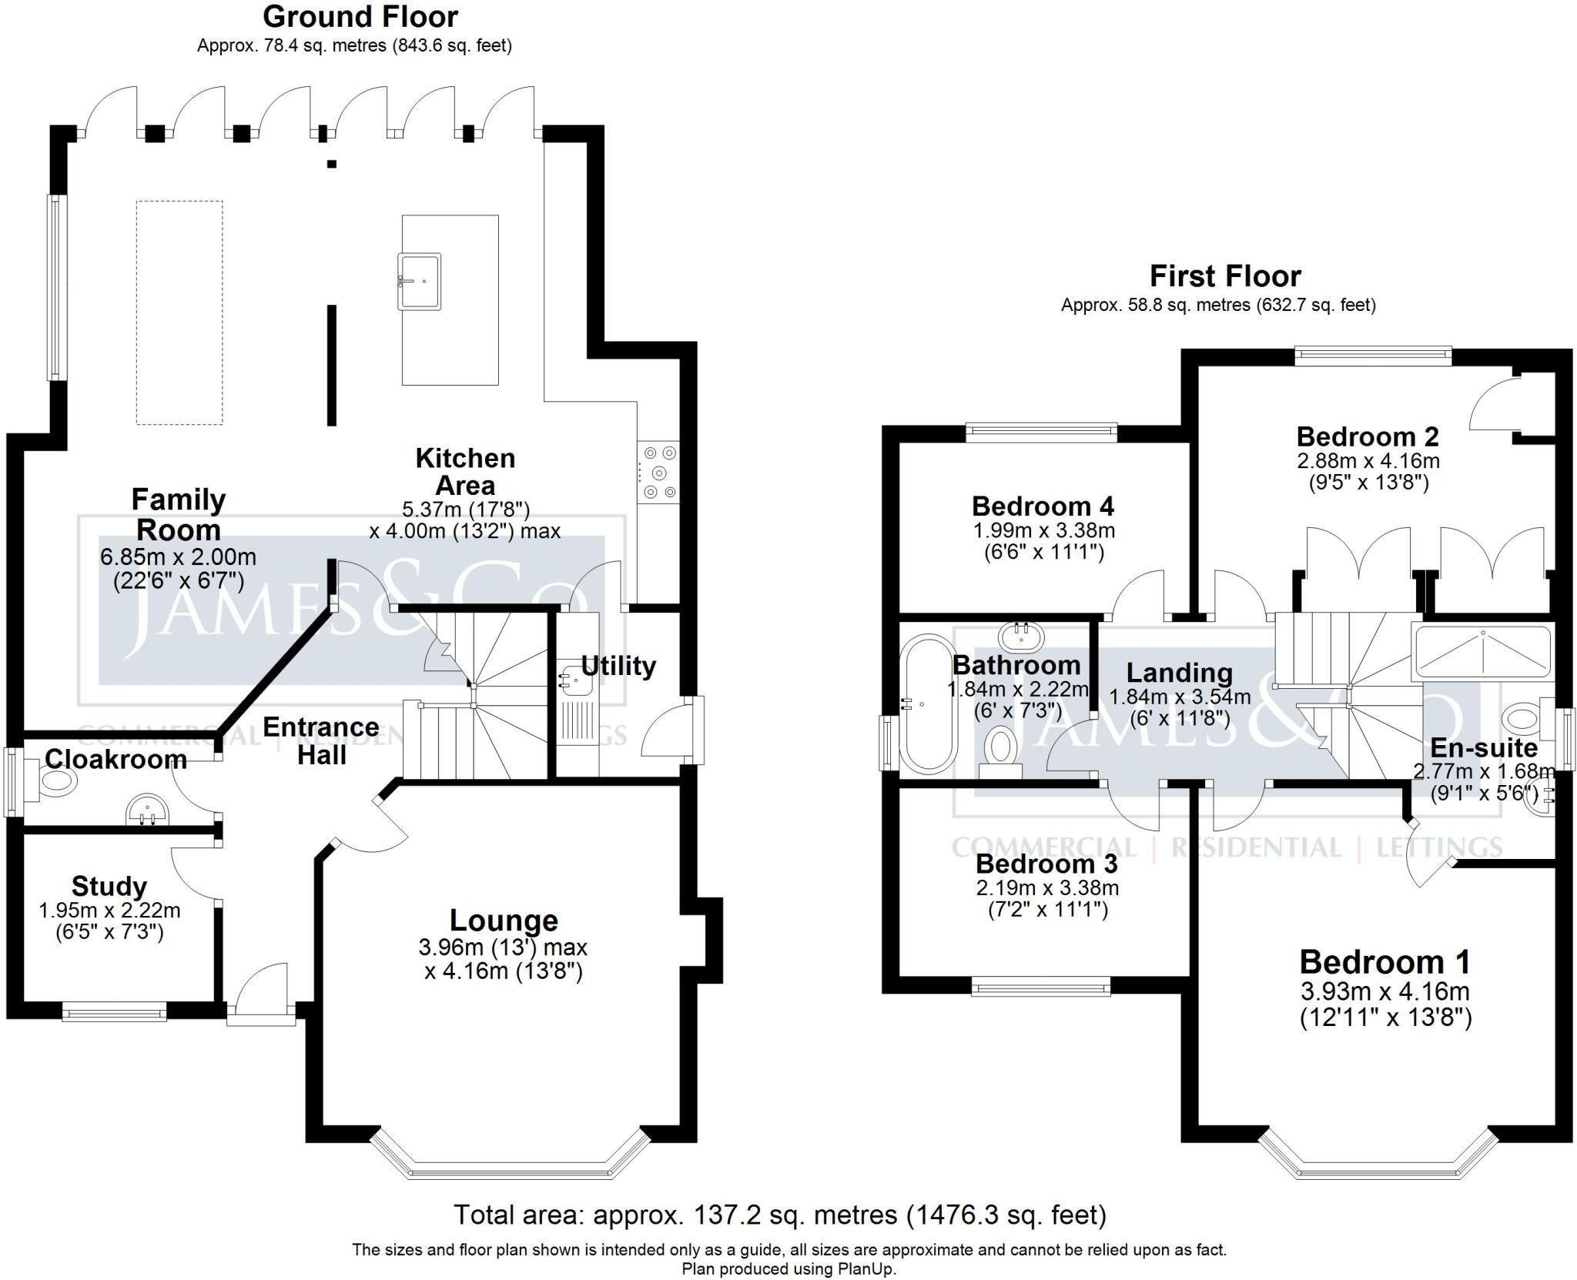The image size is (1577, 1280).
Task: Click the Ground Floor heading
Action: click(x=360, y=16)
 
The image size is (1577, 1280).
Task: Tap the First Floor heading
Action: click(x=1224, y=276)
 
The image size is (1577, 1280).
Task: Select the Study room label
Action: click(x=109, y=886)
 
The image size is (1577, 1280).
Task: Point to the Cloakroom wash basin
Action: click(x=148, y=810)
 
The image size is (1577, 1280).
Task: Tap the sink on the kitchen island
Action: click(x=420, y=281)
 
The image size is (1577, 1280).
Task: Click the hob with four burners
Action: click(x=659, y=473)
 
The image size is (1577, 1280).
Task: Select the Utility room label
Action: click(x=618, y=666)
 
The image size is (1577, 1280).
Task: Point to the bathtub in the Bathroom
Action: click(x=930, y=703)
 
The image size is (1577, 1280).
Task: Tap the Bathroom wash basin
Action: click(x=1023, y=637)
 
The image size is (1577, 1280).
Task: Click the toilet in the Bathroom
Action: click(x=1000, y=750)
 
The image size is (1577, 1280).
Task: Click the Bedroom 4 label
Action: click(x=1043, y=506)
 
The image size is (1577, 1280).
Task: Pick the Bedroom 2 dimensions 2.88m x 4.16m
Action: click(x=1368, y=461)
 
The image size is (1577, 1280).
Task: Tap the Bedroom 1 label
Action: click(x=1384, y=962)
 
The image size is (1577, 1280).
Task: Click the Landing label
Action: click(x=1179, y=673)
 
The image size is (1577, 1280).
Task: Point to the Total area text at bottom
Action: click(x=779, y=1215)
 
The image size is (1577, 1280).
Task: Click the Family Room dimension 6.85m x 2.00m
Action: click(x=178, y=556)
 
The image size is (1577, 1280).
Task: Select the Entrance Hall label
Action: click(x=321, y=740)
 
